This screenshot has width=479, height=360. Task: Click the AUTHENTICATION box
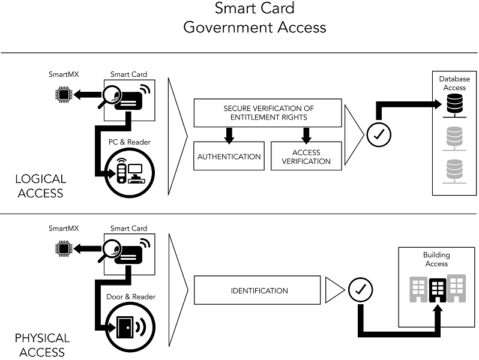tap(229, 157)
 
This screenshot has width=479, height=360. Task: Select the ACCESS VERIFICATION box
tap(306, 157)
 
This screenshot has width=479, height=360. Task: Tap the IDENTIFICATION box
tap(259, 291)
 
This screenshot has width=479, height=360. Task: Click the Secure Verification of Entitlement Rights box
tap(268, 113)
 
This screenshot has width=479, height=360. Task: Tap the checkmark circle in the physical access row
tap(361, 290)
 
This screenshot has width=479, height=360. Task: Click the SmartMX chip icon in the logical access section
tap(62, 94)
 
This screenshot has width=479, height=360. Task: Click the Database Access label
tap(454, 83)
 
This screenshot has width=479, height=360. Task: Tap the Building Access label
tap(436, 259)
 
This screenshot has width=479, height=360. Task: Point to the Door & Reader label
tap(131, 296)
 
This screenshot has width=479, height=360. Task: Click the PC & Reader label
tap(130, 142)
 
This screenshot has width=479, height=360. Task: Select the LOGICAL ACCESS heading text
tap(41, 186)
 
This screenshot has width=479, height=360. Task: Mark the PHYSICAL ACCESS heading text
tap(42, 345)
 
